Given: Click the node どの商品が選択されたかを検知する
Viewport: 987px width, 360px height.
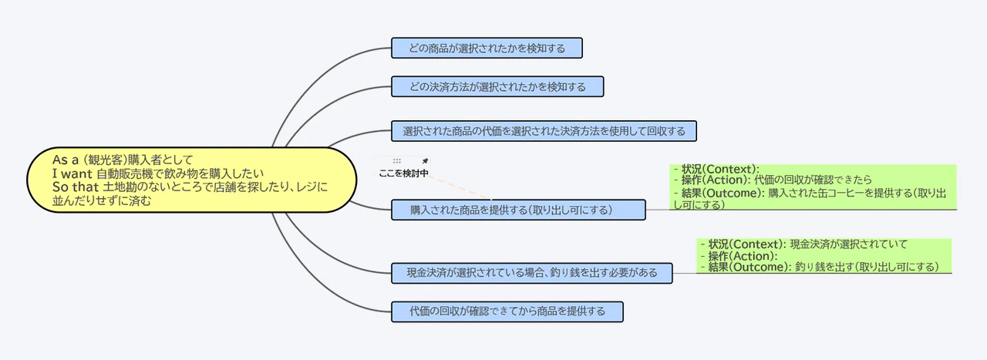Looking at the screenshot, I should [486, 49].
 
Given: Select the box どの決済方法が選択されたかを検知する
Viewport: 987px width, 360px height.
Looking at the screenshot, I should [497, 86].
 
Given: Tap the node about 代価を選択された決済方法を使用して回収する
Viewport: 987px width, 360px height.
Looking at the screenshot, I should [544, 131].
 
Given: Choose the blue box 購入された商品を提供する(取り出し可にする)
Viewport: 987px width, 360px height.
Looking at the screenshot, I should [511, 210].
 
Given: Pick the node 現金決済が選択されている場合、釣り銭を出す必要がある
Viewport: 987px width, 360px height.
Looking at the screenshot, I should [533, 272].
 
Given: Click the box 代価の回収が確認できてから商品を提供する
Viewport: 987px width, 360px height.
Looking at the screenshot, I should [507, 311].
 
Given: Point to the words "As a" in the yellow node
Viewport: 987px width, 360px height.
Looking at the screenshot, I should [66, 160].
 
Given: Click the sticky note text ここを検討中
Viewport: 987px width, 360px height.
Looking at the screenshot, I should [403, 173].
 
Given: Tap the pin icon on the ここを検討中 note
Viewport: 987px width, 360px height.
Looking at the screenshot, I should [424, 161].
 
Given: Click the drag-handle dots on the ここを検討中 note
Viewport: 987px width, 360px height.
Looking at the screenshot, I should [396, 161].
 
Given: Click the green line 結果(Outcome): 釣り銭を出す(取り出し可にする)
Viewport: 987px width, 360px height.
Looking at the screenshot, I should [823, 267].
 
